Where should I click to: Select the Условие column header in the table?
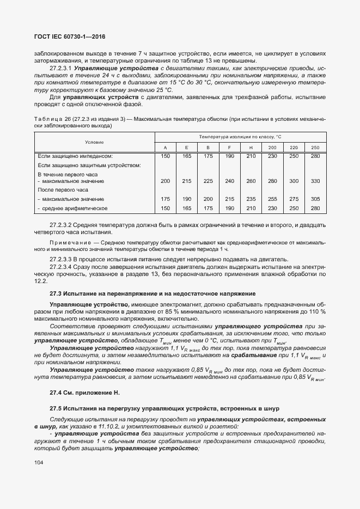point(94,142)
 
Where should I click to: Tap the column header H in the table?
point(251,148)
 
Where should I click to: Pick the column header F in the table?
point(229,148)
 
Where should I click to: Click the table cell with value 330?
point(315,181)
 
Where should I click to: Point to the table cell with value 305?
point(315,199)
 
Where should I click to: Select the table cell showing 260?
point(251,181)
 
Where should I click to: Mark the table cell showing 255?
point(272,199)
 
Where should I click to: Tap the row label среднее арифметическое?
point(74,208)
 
